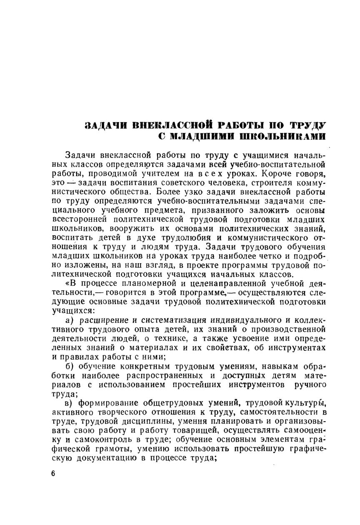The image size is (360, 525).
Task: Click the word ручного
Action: [x=309, y=384]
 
